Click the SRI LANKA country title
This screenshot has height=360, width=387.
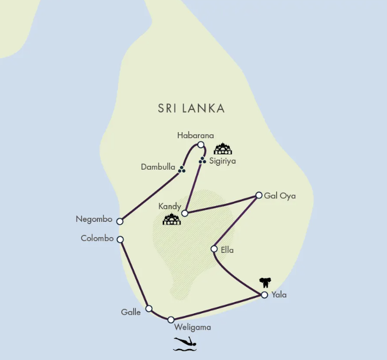pyautogui.click(x=191, y=108)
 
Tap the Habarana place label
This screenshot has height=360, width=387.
pyautogui.click(x=196, y=135)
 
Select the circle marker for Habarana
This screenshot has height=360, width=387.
pyautogui.click(x=201, y=145)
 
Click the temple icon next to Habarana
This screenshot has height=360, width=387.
pyautogui.click(x=222, y=148)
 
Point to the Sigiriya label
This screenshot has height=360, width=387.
pyautogui.click(x=222, y=161)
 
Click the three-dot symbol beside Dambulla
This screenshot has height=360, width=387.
pyautogui.click(x=182, y=170)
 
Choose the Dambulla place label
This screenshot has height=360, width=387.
pyautogui.click(x=158, y=167)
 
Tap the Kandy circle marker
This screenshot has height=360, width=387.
pyautogui.click(x=185, y=213)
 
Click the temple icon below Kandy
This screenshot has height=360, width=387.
pyautogui.click(x=172, y=220)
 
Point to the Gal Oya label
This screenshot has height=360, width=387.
pyautogui.click(x=280, y=195)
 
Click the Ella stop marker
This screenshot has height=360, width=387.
pyautogui.click(x=214, y=249)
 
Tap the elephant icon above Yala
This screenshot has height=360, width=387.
pyautogui.click(x=265, y=282)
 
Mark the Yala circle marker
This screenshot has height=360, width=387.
pyautogui.click(x=264, y=295)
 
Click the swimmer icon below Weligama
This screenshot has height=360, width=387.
pyautogui.click(x=185, y=343)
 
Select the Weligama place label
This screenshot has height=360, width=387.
pyautogui.click(x=192, y=327)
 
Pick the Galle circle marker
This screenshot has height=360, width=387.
pyautogui.click(x=149, y=308)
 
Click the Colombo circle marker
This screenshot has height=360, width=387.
pyautogui.click(x=120, y=239)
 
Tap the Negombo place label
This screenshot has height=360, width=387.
pyautogui.click(x=94, y=219)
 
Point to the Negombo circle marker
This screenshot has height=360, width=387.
pyautogui.click(x=120, y=221)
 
